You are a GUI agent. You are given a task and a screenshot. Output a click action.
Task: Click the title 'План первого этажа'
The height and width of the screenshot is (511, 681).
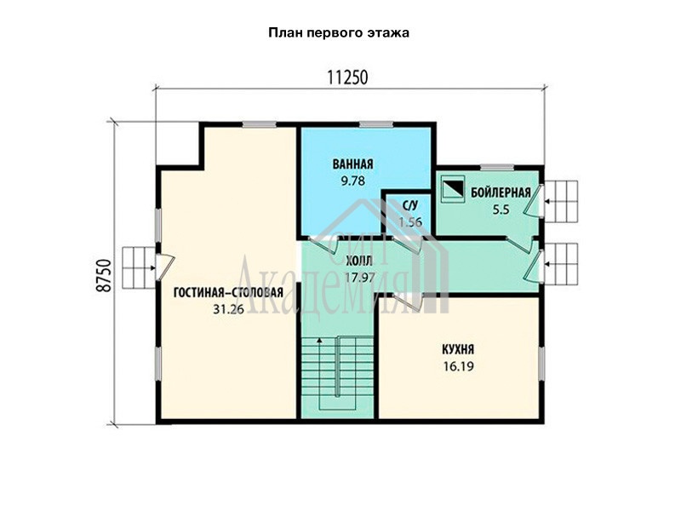click(x=339, y=33)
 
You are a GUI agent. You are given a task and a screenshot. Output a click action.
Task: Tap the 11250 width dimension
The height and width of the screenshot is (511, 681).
click(x=347, y=78)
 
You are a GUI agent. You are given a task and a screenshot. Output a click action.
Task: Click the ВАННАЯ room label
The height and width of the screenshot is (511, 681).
click(x=353, y=164)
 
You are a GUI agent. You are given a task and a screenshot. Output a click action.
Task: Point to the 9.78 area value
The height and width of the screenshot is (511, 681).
click(x=352, y=181)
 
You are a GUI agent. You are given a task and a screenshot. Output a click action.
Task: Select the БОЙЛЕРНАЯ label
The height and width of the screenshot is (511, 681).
click(x=501, y=192)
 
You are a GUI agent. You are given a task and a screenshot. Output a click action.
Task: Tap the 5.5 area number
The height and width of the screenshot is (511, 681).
click(x=501, y=210)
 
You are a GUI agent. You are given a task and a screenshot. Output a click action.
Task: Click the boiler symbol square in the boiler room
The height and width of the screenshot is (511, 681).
click(x=453, y=188)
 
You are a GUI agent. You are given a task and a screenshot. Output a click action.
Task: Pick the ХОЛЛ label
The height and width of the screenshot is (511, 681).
click(x=358, y=261)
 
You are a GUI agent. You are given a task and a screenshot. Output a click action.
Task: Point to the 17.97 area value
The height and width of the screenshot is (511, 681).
click(x=360, y=278)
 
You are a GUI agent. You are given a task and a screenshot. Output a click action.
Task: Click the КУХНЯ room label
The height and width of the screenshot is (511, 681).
click(x=458, y=349)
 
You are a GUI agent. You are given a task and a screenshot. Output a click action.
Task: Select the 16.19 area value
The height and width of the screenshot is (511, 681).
click(x=459, y=366)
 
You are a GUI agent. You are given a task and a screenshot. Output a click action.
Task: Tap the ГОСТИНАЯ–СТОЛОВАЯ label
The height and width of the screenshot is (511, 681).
click(x=228, y=292)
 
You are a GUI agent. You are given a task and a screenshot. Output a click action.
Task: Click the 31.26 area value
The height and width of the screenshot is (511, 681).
click(x=228, y=309)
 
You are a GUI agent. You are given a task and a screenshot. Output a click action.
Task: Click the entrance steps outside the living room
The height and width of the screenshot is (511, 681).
click(x=138, y=268)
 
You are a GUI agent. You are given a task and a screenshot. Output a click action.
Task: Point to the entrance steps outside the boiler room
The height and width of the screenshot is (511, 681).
click(x=562, y=202)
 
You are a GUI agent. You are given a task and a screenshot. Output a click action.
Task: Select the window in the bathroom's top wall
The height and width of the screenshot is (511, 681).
click(x=376, y=124)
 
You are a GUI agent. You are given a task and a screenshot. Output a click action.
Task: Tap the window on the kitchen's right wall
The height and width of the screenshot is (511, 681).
click(x=541, y=361)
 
